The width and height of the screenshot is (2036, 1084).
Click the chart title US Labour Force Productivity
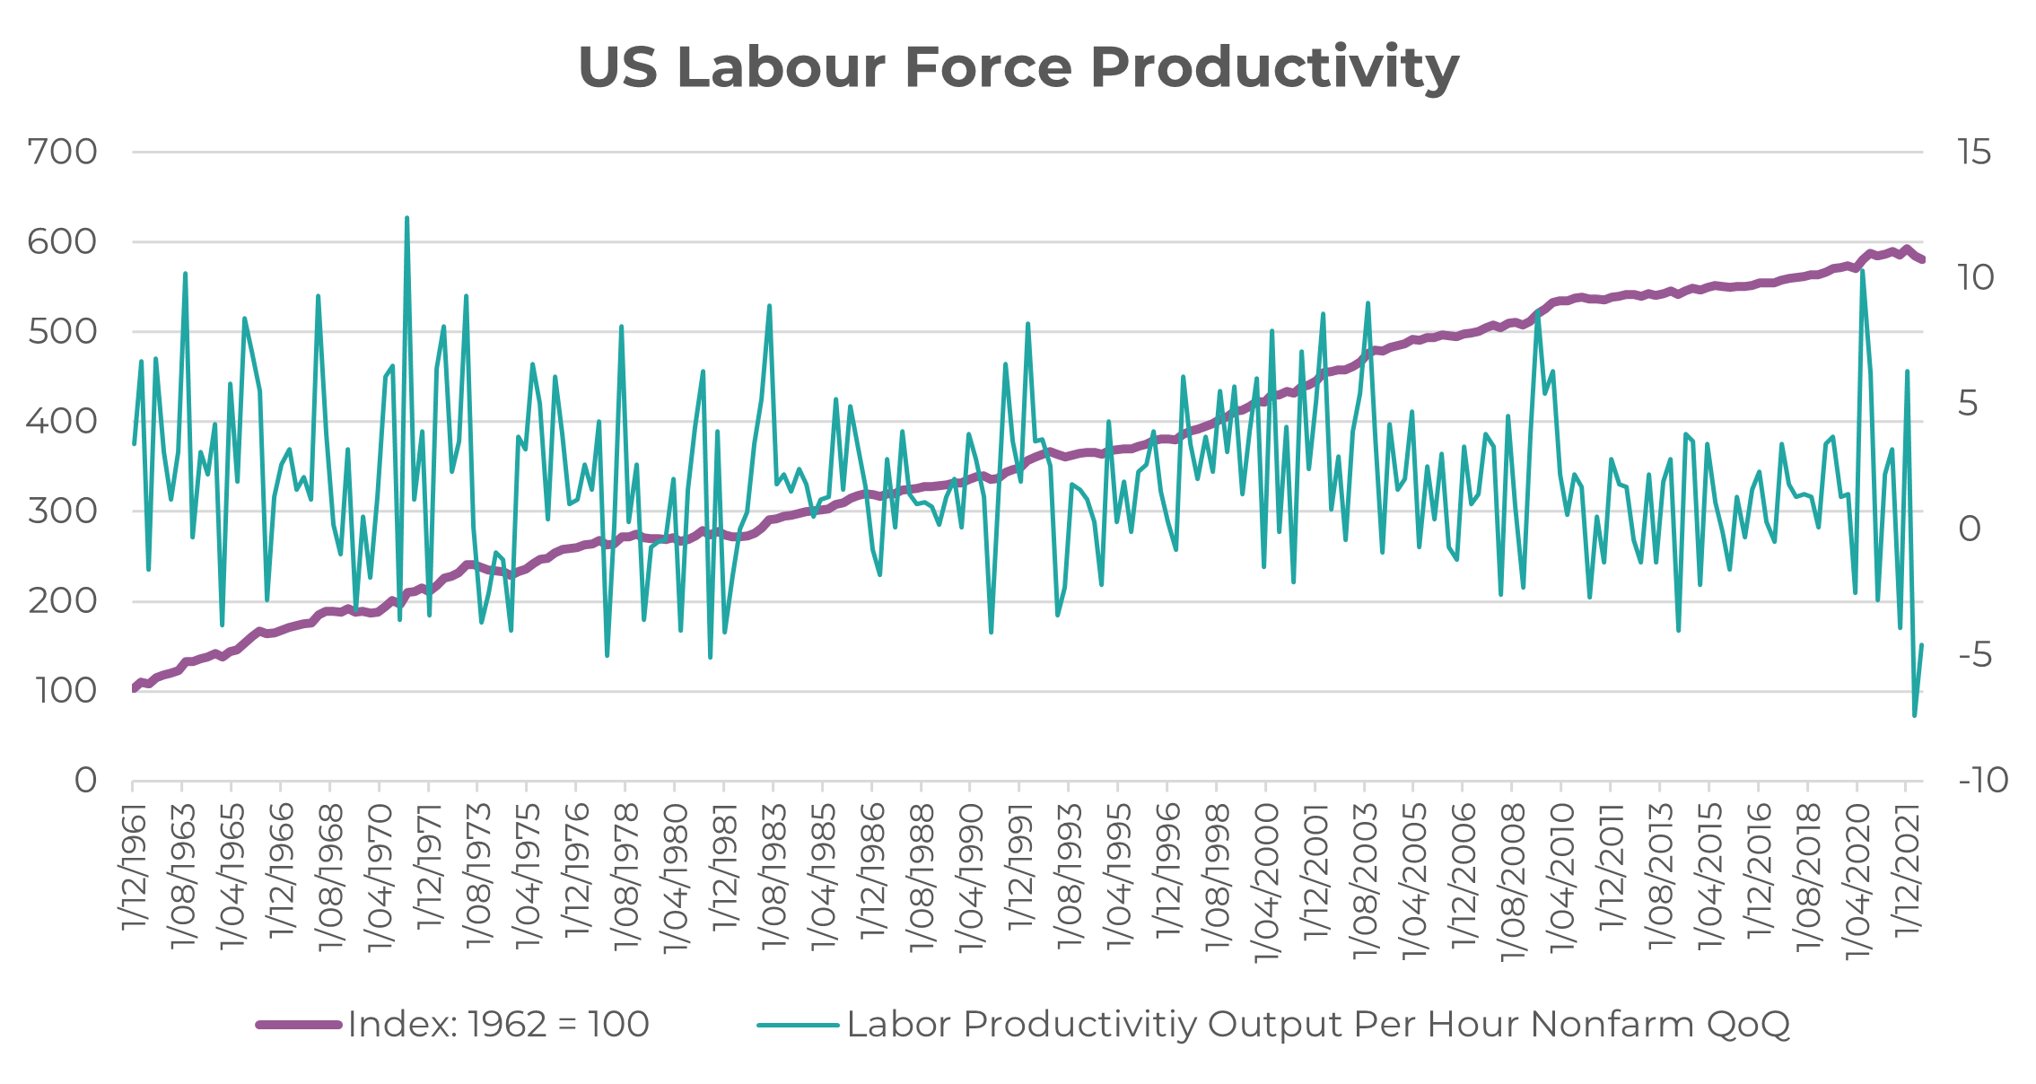pyautogui.click(x=1018, y=67)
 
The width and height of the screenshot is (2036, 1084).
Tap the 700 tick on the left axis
pyautogui.click(x=62, y=153)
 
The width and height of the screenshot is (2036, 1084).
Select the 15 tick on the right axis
pyautogui.click(x=1974, y=153)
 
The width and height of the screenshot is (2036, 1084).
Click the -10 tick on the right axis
pyautogui.click(x=1983, y=781)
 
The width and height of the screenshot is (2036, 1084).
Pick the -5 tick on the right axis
pyautogui.click(x=1975, y=655)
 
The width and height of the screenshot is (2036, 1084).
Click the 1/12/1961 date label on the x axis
pyautogui.click(x=135, y=866)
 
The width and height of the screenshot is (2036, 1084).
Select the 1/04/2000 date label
pyautogui.click(x=1266, y=882)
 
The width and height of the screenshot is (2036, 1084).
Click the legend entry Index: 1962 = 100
pyautogui.click(x=498, y=1024)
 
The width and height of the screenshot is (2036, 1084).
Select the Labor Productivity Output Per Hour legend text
pyautogui.click(x=1318, y=1024)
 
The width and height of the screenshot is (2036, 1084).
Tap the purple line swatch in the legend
pyautogui.click(x=299, y=1025)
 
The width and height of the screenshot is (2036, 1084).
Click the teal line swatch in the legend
pyautogui.click(x=798, y=1025)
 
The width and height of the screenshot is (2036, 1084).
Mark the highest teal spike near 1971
pyautogui.click(x=406, y=218)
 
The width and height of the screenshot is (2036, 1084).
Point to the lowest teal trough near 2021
pyautogui.click(x=1914, y=715)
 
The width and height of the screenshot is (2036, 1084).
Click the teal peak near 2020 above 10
pyautogui.click(x=1863, y=271)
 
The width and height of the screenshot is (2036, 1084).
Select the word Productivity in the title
pyautogui.click(x=1274, y=67)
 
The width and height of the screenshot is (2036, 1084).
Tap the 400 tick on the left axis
pyautogui.click(x=62, y=422)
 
